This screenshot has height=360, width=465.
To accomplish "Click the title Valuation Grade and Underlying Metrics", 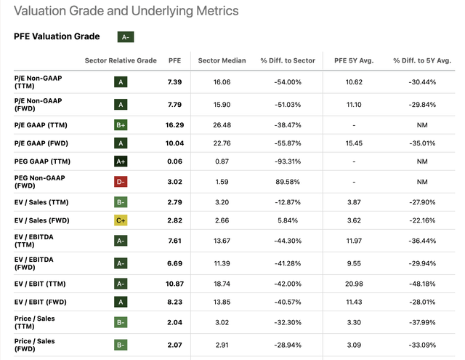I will click(x=126, y=12).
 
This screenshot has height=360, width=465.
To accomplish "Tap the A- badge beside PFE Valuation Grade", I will click(x=126, y=36).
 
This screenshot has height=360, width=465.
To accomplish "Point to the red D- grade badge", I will click(x=121, y=181).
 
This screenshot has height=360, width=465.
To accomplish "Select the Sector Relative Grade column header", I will click(x=121, y=60).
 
